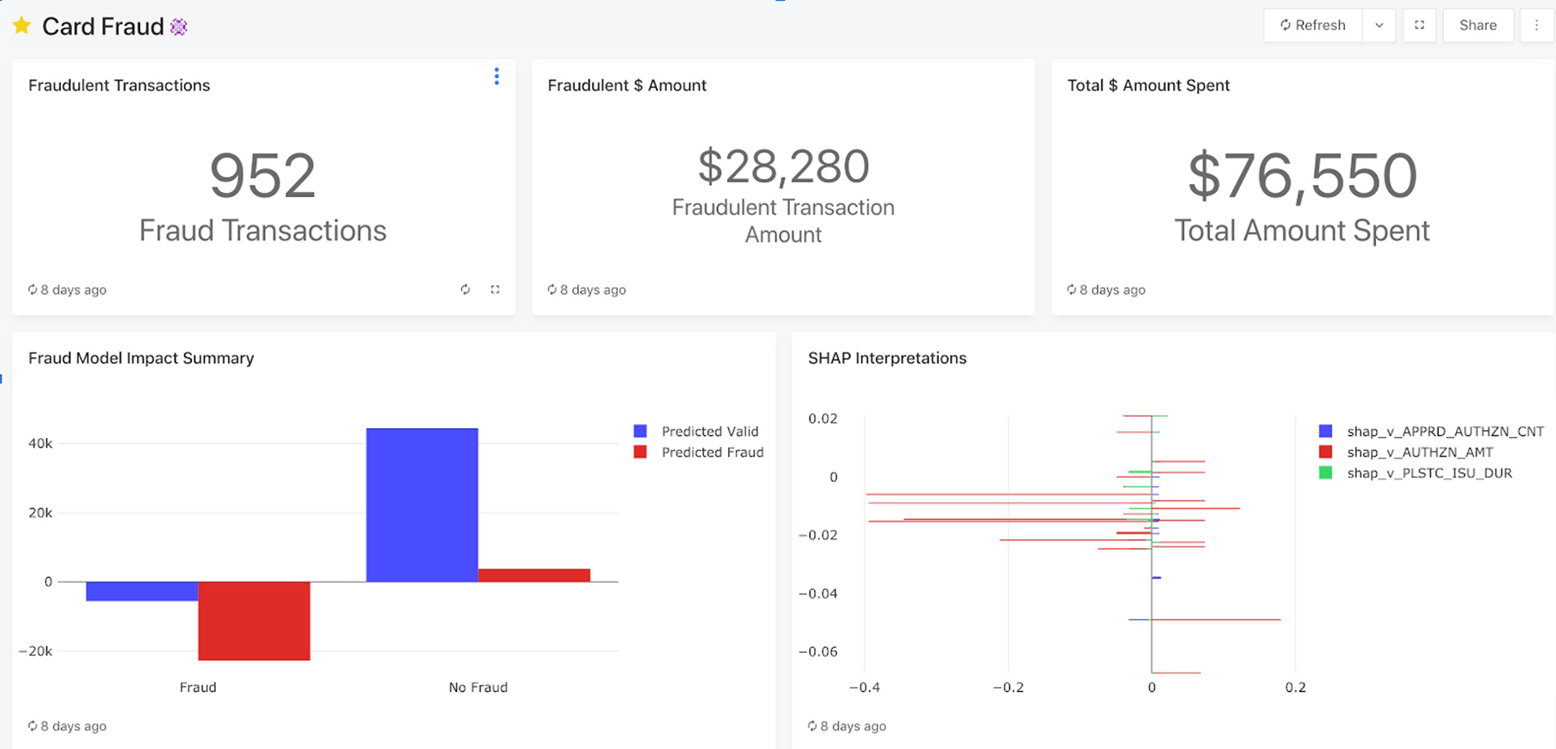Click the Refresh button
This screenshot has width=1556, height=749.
pos(1313,25)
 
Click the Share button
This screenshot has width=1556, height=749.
pos(1477,25)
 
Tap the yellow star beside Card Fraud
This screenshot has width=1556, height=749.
pos(22,26)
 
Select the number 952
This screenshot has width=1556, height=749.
pos(262,176)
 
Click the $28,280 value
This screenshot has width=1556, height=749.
pos(783,166)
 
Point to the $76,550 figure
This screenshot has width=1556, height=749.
pos(1302,176)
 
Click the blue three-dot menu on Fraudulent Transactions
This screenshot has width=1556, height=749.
pos(497,77)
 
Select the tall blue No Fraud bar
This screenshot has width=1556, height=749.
pos(422,505)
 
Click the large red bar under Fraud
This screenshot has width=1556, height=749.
pos(254,620)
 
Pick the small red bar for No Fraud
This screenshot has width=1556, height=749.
pos(534,576)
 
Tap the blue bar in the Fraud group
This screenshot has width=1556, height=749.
pos(142,591)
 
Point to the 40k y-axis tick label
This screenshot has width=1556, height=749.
pos(41,444)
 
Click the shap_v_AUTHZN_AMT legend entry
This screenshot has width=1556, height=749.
pos(1419,453)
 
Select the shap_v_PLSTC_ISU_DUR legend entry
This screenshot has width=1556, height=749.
pos(1428,474)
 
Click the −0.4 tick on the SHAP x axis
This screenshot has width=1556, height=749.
pos(864,688)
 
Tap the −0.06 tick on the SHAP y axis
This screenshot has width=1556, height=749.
pos(817,651)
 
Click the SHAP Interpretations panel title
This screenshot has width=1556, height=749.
pos(887,358)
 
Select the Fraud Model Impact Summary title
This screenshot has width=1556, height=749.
pos(141,358)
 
